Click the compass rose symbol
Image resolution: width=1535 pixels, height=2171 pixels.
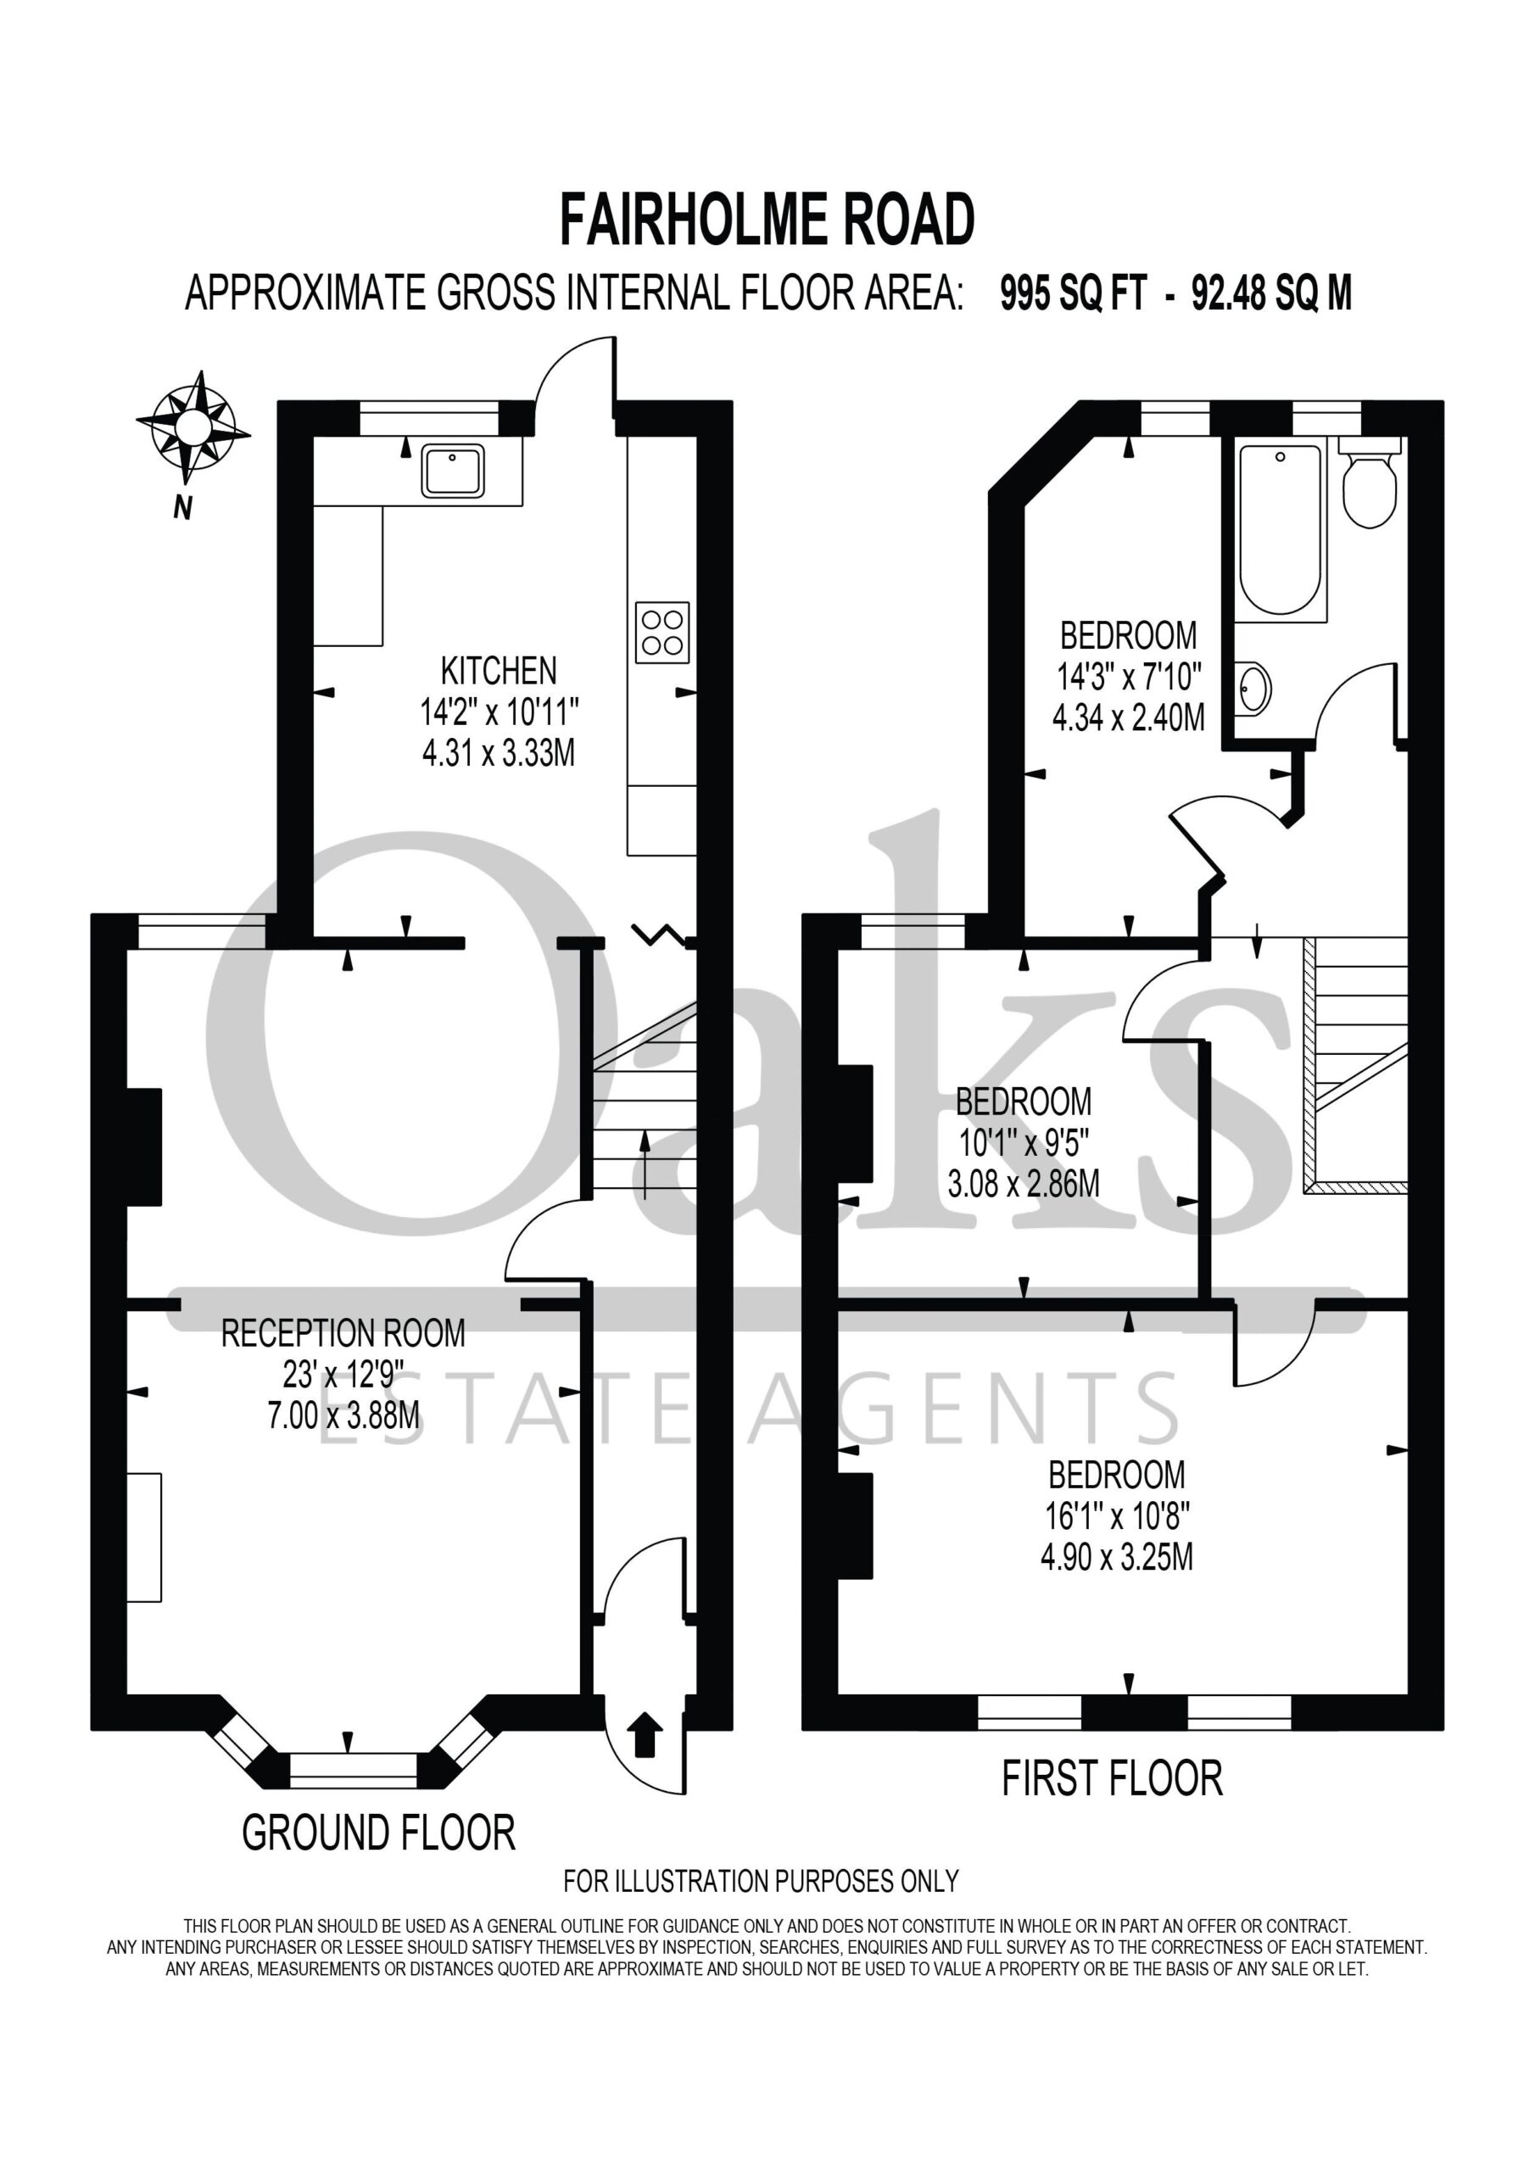tap(194, 427)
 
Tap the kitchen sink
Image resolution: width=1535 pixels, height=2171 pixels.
tap(453, 470)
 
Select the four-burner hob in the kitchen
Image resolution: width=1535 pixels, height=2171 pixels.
tap(662, 633)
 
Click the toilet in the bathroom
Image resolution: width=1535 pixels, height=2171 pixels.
tap(1370, 483)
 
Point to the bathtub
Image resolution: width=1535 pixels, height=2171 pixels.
tap(1281, 533)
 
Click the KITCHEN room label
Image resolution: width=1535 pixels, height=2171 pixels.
tap(499, 671)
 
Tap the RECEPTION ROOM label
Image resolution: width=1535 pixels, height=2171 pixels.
tap(343, 1333)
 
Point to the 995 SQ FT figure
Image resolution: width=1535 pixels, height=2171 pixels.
tap(1074, 293)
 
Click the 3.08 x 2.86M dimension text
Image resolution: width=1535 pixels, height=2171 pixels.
tap(1024, 1184)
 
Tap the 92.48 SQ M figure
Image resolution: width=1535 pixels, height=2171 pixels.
tap(1271, 293)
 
